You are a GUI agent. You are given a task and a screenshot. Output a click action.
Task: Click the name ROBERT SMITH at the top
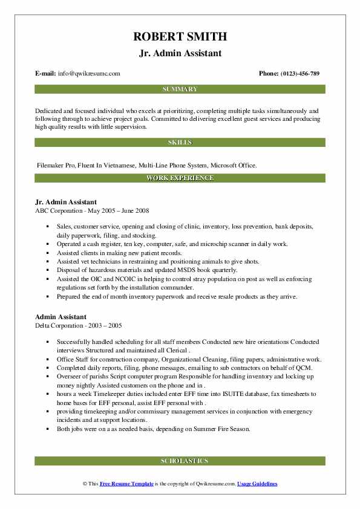(180, 37)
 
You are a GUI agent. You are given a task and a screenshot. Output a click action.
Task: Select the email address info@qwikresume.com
(89, 74)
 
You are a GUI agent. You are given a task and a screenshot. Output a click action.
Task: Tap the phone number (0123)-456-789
(298, 74)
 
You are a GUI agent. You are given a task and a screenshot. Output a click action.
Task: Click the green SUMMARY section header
(180, 89)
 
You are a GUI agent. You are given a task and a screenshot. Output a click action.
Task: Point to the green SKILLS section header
(180, 143)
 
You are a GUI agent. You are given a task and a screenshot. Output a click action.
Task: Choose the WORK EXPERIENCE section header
(180, 178)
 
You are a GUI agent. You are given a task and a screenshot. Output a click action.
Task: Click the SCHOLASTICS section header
(180, 461)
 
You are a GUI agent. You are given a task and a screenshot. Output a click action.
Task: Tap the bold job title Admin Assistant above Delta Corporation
(61, 317)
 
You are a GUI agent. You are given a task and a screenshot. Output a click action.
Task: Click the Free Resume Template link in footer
(127, 484)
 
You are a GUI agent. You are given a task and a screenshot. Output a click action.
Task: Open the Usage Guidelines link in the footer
(257, 484)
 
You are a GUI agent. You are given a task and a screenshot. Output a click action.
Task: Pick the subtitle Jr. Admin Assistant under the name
(180, 53)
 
